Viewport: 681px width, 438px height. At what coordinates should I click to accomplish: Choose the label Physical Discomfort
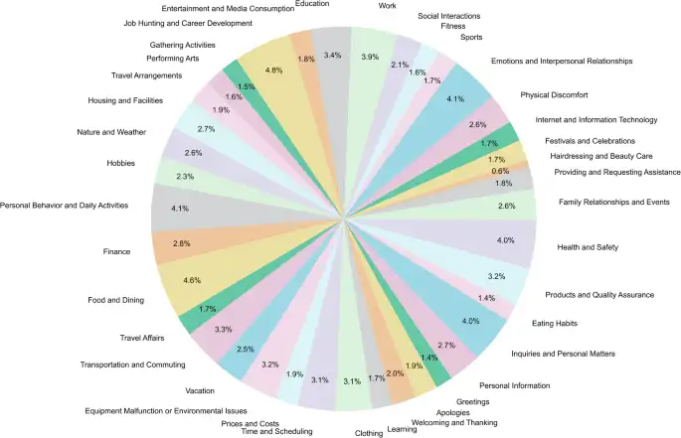(554, 95)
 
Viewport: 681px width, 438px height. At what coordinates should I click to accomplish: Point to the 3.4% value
(333, 54)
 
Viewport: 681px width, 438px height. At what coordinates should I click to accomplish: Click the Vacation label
(202, 390)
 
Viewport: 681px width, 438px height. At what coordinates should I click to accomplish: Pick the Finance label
(116, 251)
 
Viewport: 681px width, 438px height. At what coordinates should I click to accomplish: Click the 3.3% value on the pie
(223, 329)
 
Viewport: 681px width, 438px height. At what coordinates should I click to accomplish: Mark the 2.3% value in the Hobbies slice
(184, 176)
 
